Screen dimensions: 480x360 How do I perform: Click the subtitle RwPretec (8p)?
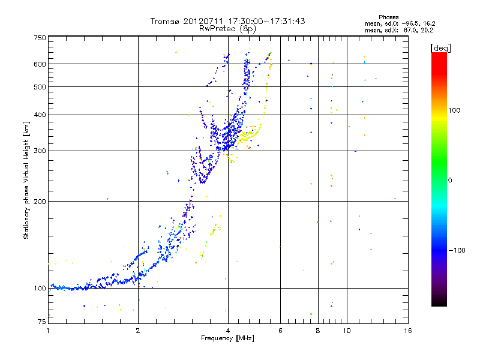[227, 29]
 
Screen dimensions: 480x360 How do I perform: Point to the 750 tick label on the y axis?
[40, 38]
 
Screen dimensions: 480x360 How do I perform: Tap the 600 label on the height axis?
[40, 64]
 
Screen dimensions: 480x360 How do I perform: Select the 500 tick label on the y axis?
[40, 87]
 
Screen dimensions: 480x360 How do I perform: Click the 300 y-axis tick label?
[40, 151]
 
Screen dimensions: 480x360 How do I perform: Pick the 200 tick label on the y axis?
[40, 202]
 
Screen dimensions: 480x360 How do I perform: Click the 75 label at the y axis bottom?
[42, 322]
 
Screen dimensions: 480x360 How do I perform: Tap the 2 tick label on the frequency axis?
[138, 331]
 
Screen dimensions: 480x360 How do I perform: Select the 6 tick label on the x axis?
[280, 331]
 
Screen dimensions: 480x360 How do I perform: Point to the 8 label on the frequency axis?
[318, 331]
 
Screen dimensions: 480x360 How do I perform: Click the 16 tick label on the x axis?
[408, 331]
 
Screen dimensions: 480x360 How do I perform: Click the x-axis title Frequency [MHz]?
[227, 338]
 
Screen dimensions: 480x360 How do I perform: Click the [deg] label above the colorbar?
[440, 48]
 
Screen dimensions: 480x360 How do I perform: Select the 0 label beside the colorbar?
[449, 181]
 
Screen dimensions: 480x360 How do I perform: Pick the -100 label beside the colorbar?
[457, 250]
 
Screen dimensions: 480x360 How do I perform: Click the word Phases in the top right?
[388, 17]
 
